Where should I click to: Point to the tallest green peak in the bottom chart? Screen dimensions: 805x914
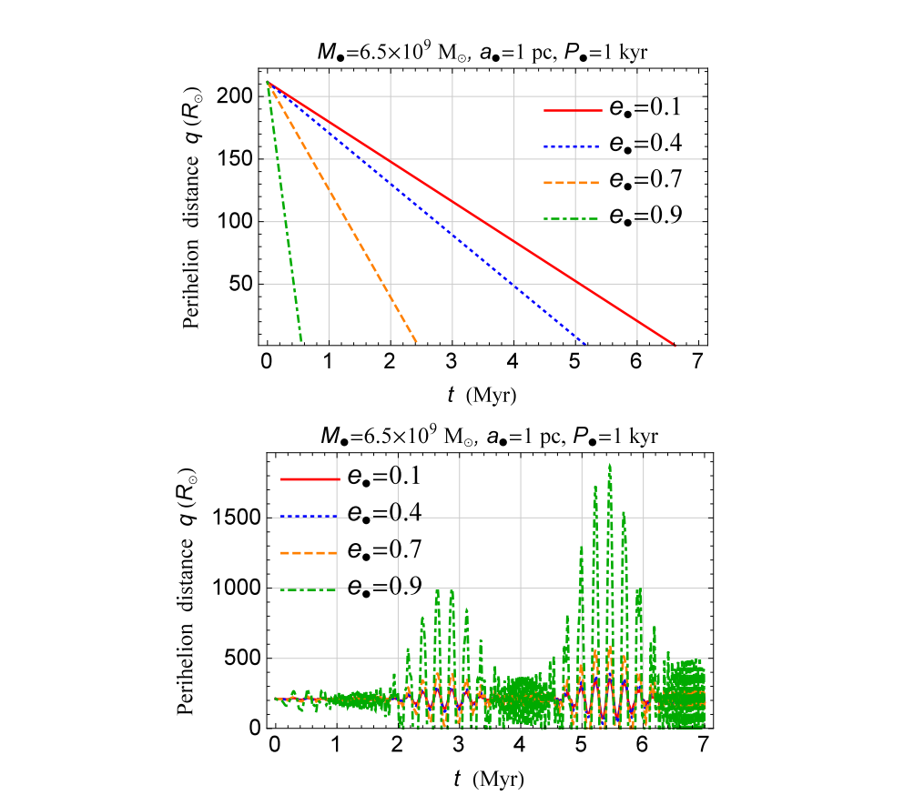[609, 466]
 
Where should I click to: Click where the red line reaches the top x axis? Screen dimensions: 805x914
[675, 345]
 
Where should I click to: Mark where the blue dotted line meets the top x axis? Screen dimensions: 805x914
[584, 345]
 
